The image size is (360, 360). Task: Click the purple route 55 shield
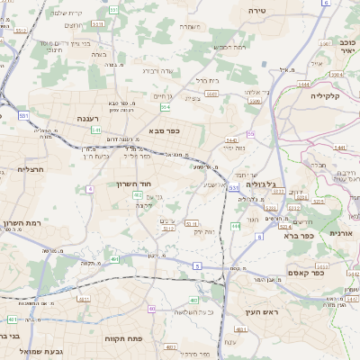[251, 133]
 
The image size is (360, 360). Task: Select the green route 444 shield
[235, 226]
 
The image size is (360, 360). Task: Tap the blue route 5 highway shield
[195, 265]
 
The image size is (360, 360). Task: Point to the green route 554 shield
[165, 106]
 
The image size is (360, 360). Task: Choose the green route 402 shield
[138, 194]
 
